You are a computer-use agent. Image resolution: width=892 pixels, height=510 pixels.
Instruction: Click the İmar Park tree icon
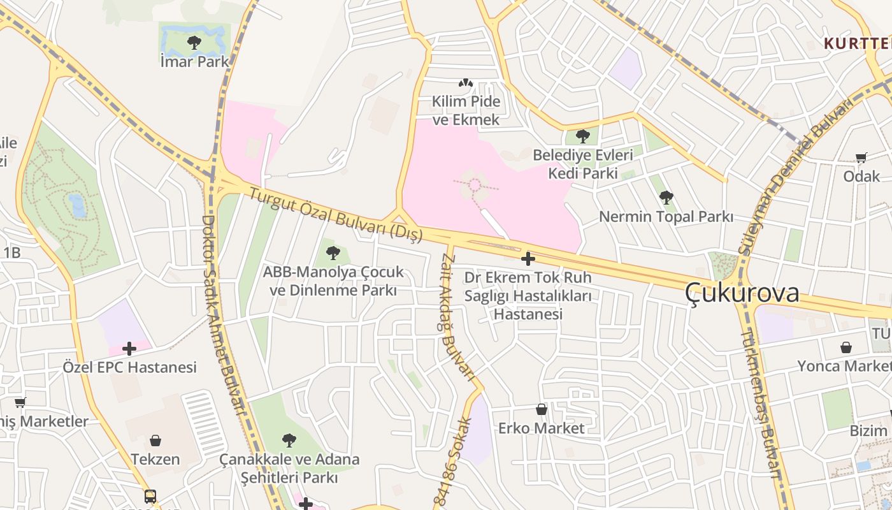194,43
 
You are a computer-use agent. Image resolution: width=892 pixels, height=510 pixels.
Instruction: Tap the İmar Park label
194,62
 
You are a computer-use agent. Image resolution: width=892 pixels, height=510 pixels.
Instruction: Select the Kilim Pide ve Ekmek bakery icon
466,83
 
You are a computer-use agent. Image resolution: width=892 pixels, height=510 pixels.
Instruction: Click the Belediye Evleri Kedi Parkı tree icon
582,136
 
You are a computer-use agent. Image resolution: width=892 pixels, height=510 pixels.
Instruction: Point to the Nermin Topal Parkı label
666,217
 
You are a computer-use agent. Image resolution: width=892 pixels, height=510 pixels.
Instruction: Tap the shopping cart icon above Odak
861,157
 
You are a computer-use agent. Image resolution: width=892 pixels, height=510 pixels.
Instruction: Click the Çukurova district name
742,293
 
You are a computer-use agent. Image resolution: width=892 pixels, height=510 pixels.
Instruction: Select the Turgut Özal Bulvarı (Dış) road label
336,215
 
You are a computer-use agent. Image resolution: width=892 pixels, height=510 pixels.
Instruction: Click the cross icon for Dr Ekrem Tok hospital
528,259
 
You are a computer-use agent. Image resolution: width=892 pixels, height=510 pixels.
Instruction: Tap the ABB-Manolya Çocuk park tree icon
333,253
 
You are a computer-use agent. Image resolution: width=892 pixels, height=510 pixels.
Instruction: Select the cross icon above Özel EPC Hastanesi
129,349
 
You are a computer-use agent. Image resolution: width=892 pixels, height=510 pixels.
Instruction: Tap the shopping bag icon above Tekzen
155,441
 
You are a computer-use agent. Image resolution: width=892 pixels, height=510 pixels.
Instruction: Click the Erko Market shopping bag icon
542,409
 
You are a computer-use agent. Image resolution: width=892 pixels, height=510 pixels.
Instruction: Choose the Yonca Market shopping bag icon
846,347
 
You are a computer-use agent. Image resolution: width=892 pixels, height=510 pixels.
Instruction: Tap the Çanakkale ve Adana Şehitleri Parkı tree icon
289,440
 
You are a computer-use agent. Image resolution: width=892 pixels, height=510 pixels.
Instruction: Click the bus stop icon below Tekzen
150,496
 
